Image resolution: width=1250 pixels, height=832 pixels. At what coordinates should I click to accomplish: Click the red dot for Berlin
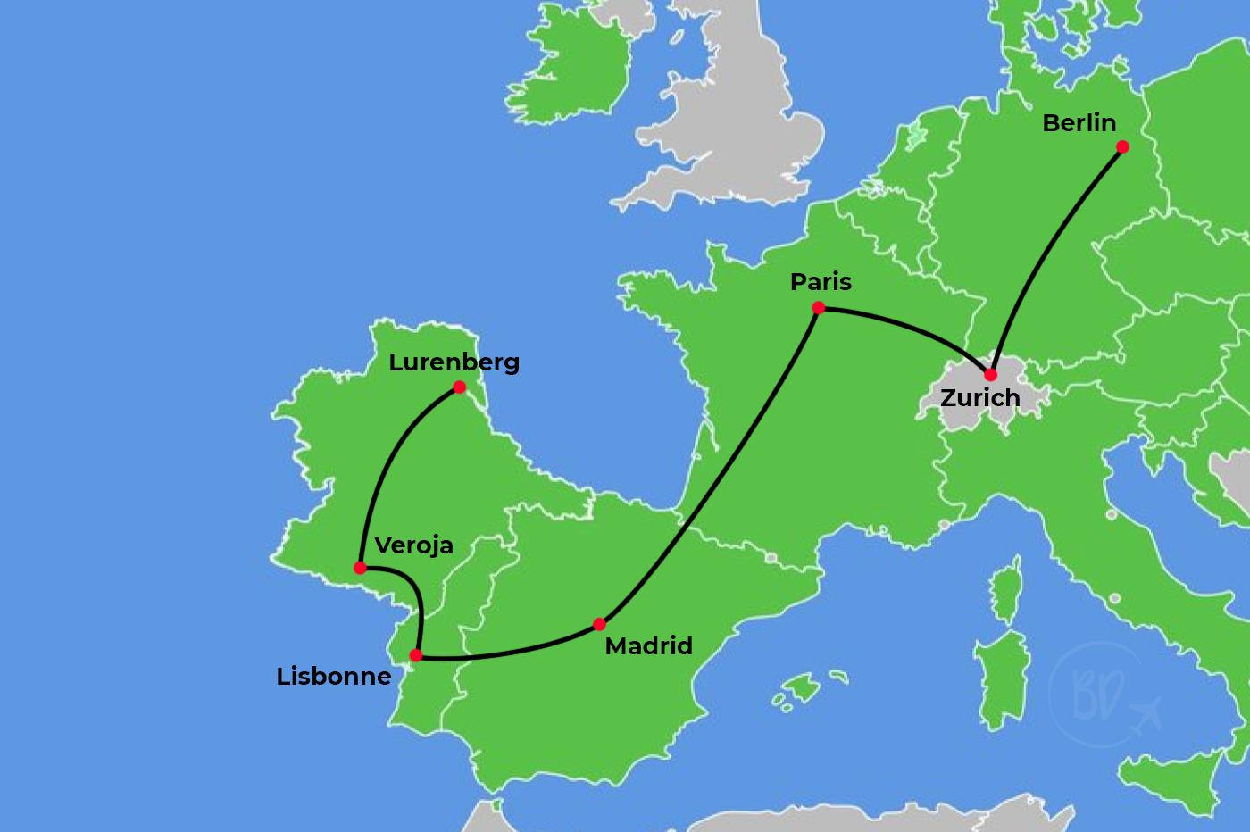pos(1122,147)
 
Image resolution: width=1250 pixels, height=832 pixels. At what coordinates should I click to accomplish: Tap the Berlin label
pos(1079,123)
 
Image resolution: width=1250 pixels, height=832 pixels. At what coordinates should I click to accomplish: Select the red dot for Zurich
pos(990,374)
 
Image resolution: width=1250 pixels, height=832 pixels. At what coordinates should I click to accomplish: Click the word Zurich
pos(979,398)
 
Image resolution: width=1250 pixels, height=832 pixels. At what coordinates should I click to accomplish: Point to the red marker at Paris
pos(818,308)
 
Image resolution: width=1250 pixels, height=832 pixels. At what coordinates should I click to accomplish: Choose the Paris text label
pos(821,282)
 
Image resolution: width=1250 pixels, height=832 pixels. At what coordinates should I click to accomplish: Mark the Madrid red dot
pos(599,624)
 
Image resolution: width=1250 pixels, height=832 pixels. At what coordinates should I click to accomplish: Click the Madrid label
pos(648,646)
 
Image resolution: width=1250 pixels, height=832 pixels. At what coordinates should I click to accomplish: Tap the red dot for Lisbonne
pos(416,655)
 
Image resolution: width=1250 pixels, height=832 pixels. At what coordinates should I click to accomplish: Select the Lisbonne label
pos(333,677)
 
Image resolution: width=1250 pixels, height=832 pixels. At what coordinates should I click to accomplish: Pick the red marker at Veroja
pos(360,568)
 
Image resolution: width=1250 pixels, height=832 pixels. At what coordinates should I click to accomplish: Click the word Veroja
pos(413,545)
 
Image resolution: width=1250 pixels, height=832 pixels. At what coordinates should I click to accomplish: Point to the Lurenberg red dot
pos(459,387)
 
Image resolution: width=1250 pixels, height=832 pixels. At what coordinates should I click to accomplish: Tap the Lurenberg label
pos(454,362)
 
